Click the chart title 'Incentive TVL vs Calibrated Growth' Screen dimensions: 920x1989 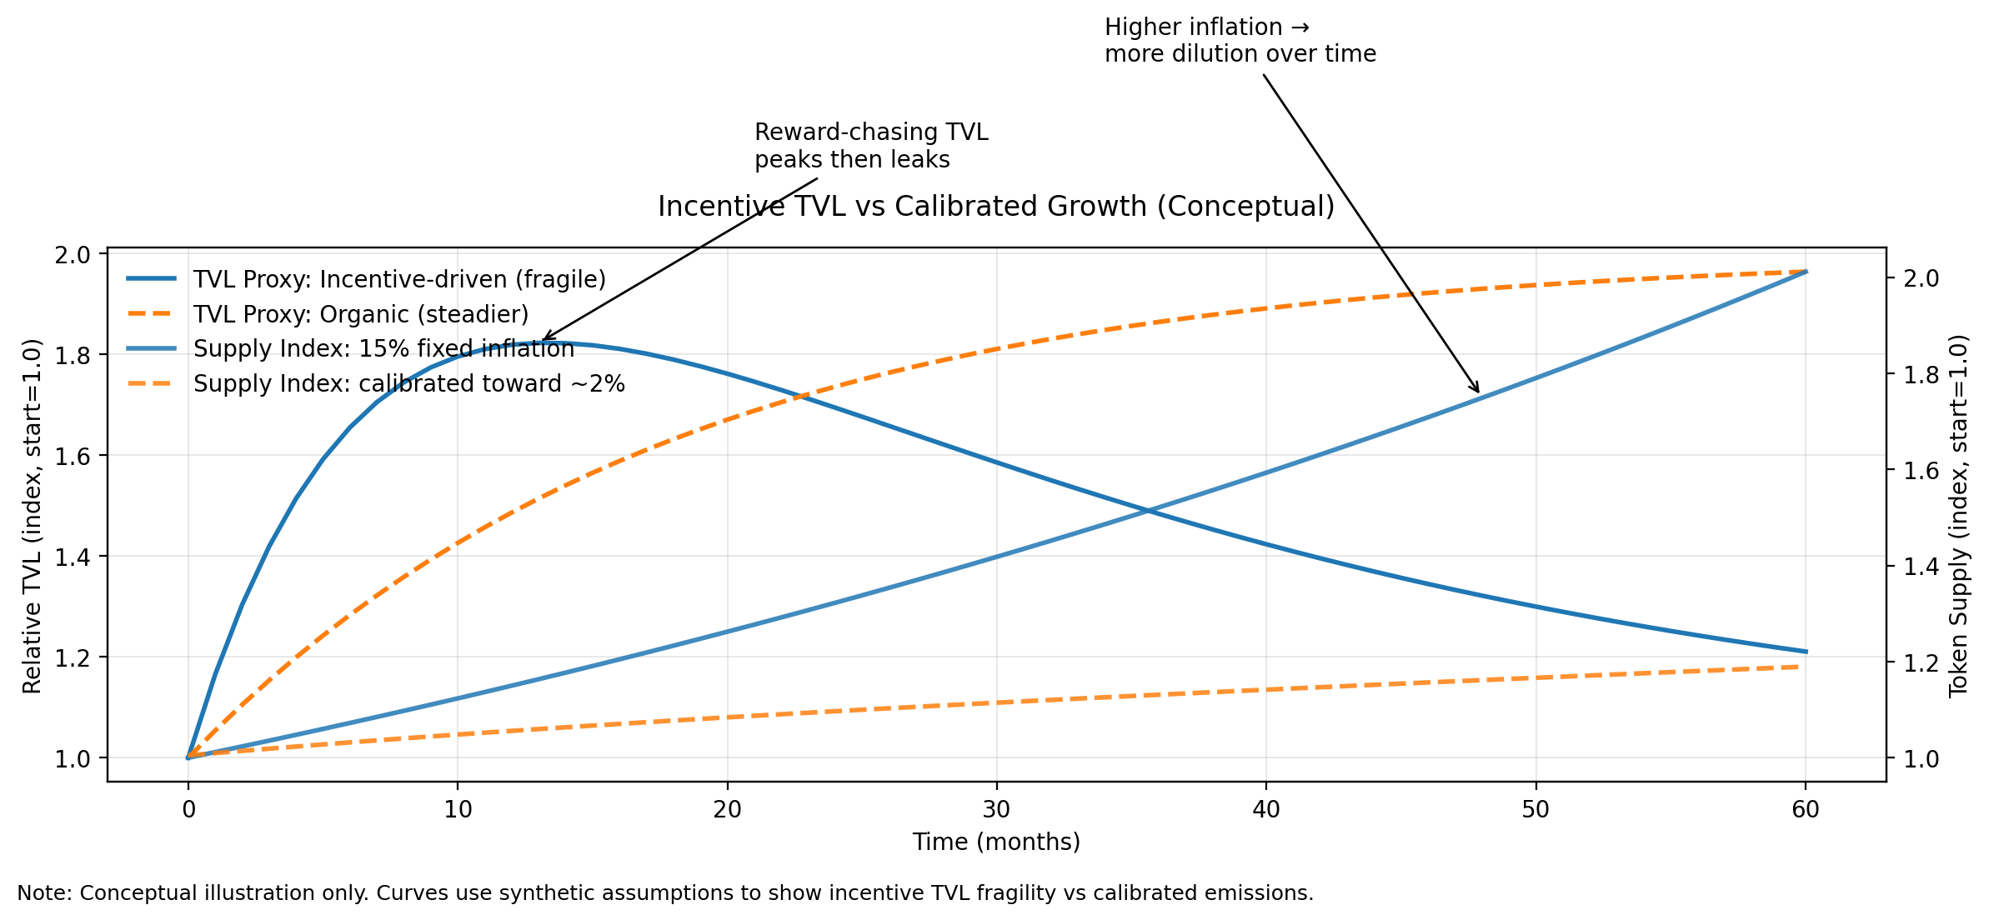point(995,207)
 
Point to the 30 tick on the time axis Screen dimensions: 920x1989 point(996,809)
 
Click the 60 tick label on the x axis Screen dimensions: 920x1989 point(1805,809)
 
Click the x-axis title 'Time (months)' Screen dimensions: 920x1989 point(995,842)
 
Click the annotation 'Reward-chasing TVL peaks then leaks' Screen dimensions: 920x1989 point(870,146)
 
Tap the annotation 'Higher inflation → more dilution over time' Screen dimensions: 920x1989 point(1240,41)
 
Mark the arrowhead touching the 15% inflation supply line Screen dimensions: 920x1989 point(1477,390)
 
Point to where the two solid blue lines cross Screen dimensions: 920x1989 point(1149,511)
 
